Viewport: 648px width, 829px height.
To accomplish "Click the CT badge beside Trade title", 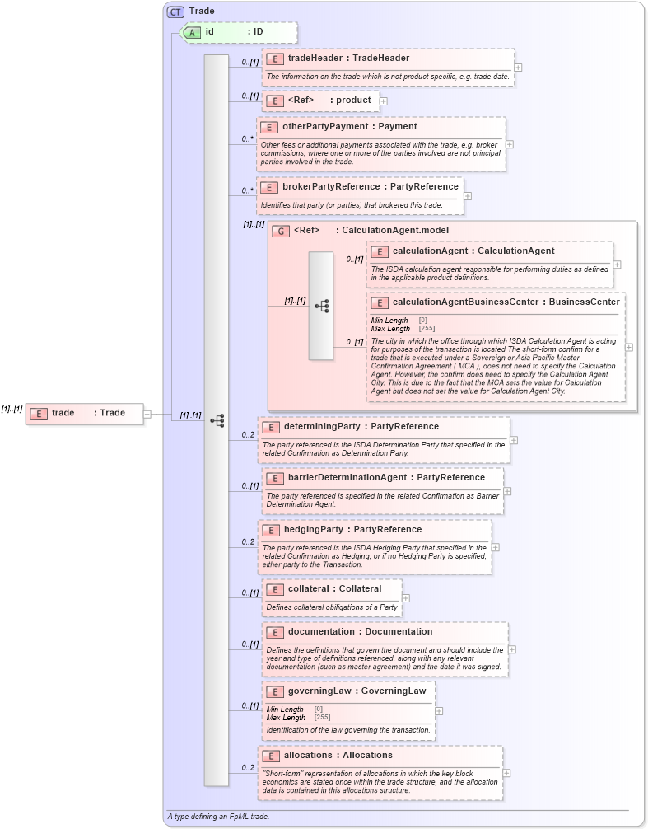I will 175,12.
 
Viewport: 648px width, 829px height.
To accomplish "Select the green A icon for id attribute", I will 192,32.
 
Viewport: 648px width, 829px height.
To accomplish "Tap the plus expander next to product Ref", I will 384,101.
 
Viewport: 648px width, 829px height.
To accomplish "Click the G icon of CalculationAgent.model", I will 281,232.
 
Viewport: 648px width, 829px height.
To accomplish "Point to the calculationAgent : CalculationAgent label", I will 473,251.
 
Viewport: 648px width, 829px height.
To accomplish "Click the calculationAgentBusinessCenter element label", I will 506,302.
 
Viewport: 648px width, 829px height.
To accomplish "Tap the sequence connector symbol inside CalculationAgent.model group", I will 321,306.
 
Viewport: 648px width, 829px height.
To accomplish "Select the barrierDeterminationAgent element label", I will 386,478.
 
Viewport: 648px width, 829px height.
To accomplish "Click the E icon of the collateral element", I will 274,589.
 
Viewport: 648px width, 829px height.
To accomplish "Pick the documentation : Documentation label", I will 360,632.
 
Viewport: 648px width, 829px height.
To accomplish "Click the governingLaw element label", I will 357,691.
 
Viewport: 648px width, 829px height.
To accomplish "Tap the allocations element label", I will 338,756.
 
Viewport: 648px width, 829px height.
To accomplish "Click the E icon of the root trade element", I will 38,414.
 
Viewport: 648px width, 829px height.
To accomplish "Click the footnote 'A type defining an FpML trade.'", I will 218,817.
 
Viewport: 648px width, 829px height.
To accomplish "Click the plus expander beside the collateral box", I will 406,597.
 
